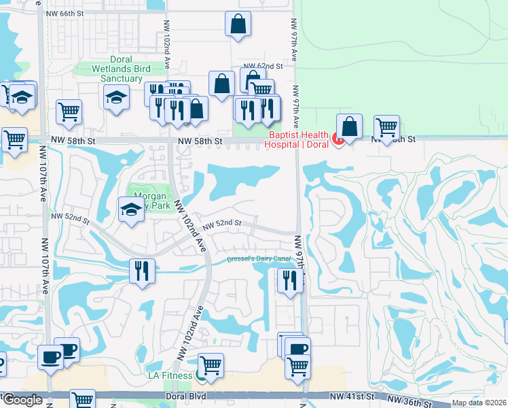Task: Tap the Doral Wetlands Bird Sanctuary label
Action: pyautogui.click(x=121, y=69)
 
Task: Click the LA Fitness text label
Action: pyautogui.click(x=170, y=375)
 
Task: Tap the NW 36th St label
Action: pyautogui.click(x=410, y=402)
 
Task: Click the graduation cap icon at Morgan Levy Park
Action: pyautogui.click(x=130, y=208)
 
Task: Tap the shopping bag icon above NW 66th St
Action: pyautogui.click(x=238, y=24)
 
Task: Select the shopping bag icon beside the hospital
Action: pyautogui.click(x=349, y=126)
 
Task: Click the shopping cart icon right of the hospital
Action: pyautogui.click(x=386, y=126)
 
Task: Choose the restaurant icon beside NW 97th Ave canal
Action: pyautogui.click(x=290, y=279)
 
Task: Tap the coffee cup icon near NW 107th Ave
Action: pyautogui.click(x=51, y=356)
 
